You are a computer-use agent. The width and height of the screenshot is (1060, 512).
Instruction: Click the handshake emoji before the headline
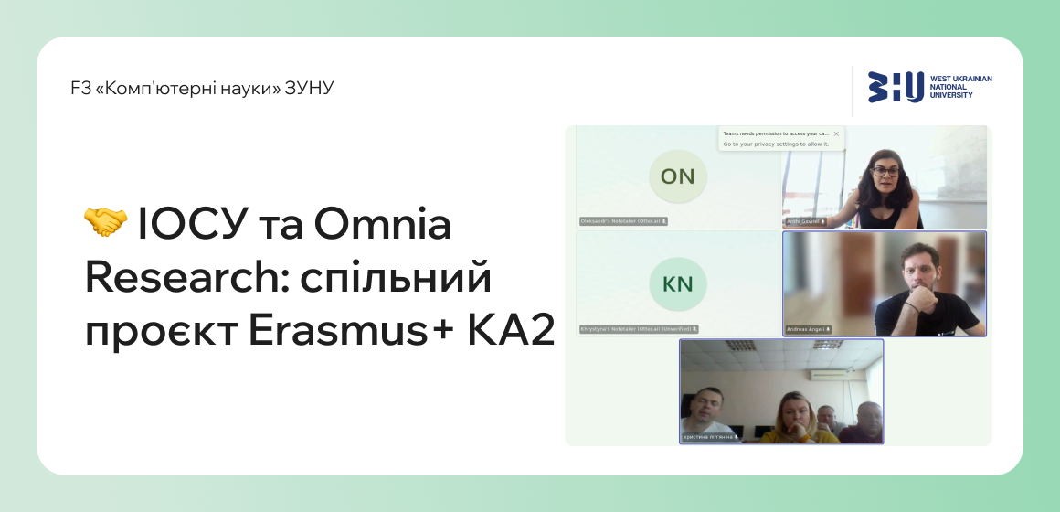coord(105,223)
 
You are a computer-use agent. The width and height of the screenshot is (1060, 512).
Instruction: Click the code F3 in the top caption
coord(79,89)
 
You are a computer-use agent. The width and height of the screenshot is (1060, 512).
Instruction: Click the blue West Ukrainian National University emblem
coord(895,87)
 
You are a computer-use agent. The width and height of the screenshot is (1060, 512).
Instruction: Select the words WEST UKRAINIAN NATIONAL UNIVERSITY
coord(960,87)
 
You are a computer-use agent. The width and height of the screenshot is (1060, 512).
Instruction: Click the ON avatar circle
coord(677,176)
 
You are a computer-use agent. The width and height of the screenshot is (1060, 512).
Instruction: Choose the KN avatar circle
coord(677,283)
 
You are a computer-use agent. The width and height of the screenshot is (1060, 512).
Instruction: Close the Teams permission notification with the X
coord(836,133)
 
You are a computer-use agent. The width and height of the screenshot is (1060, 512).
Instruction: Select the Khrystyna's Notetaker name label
coord(638,329)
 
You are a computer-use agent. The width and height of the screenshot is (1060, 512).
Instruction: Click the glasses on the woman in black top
coord(885,170)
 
